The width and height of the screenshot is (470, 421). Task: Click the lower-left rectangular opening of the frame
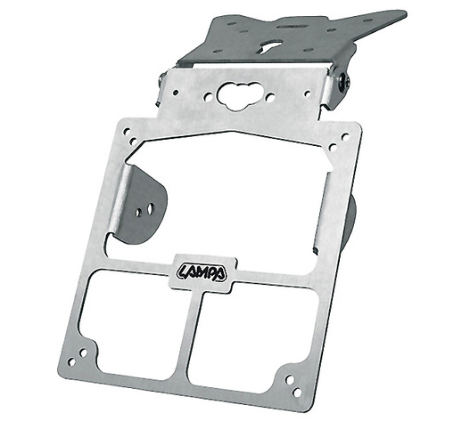pyautogui.click(x=130, y=323)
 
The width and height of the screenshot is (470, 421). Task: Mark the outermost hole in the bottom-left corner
pyautogui.click(x=71, y=362)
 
